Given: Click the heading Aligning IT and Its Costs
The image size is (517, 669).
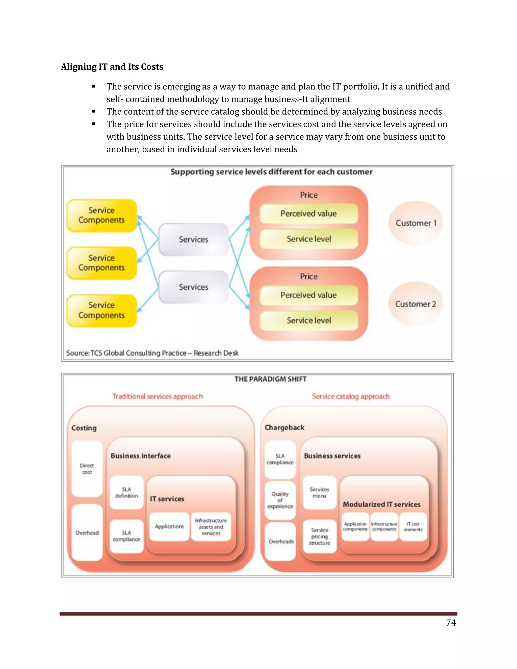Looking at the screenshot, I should tap(112, 67).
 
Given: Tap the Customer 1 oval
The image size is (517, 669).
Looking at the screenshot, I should tap(416, 223).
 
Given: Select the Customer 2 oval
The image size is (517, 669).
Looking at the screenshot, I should tap(416, 304).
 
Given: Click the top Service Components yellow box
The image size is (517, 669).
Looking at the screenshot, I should tap(102, 215).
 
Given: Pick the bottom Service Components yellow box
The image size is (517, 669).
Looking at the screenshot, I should tap(102, 310).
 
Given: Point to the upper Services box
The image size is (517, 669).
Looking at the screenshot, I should tap(194, 239).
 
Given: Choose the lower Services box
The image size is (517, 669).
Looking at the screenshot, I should tap(194, 287).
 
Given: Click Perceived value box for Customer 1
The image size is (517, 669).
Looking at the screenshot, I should tap(308, 214).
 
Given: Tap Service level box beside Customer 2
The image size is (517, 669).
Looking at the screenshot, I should tap(309, 320).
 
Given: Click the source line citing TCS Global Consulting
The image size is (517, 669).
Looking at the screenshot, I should tap(152, 353).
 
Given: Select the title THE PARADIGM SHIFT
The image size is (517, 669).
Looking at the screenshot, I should tap(270, 379).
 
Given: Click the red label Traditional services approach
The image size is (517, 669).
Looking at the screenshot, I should tap(158, 396).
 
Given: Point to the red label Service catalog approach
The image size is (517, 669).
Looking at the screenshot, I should tap(351, 396).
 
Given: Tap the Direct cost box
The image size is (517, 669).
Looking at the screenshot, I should tap(87, 469).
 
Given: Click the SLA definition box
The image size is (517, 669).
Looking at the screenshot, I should tap(126, 493).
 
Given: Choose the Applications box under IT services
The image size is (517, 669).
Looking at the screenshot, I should tap(169, 527).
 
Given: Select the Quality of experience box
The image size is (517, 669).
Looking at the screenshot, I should tap(280, 500).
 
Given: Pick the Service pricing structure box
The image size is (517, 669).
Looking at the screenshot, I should tap(319, 536).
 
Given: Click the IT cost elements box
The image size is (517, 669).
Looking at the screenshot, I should tap(413, 527).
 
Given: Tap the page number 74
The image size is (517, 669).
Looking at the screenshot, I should tap(451, 623).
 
